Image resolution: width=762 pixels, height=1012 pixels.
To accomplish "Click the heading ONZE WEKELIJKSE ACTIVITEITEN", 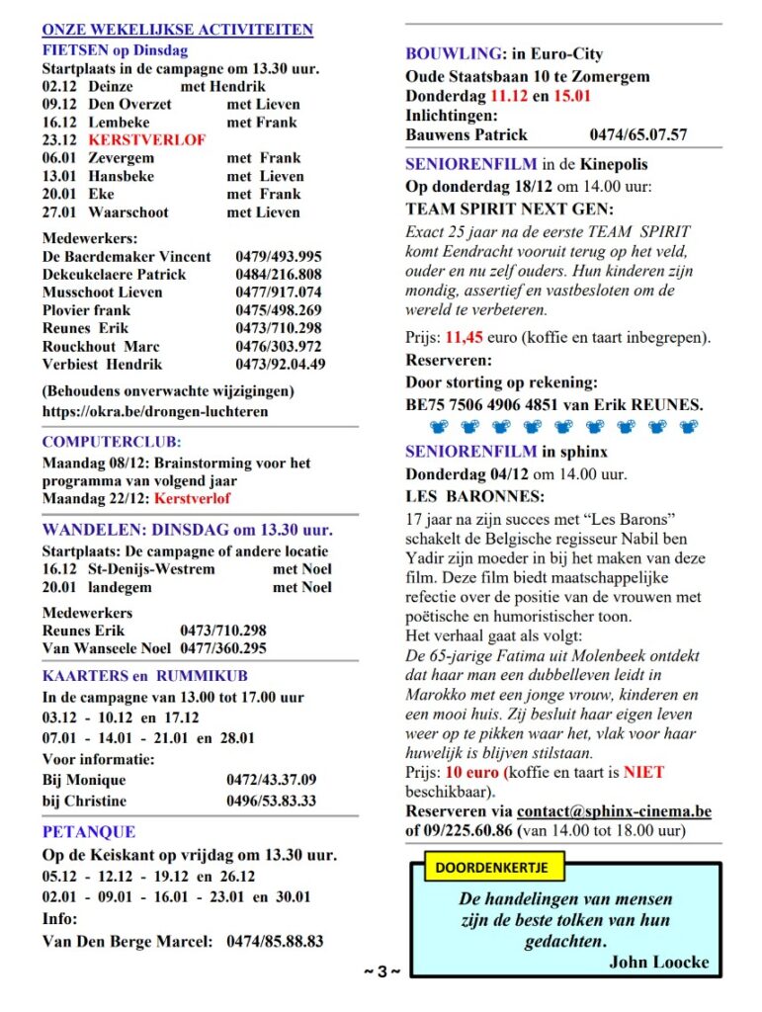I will (177, 31).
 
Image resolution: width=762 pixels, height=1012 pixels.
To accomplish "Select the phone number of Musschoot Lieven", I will (278, 293).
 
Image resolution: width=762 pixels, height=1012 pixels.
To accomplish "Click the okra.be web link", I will (154, 411).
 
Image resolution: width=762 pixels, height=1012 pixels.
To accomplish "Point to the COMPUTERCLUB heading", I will (112, 443).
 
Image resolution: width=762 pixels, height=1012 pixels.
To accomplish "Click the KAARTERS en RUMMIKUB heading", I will (145, 677).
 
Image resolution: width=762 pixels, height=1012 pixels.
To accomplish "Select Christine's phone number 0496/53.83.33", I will (271, 801).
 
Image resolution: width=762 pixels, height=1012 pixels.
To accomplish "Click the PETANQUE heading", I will (89, 832).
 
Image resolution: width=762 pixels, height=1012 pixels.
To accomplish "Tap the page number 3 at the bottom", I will (381, 972).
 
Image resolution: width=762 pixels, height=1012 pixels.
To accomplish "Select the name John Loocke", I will (658, 962).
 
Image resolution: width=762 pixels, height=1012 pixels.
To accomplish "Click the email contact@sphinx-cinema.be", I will (614, 811).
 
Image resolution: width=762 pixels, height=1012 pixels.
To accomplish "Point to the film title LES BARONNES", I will (474, 495).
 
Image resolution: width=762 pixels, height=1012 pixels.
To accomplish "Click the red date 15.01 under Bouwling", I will (573, 96).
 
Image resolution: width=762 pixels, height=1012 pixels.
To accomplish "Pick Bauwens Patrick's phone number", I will (638, 134).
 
